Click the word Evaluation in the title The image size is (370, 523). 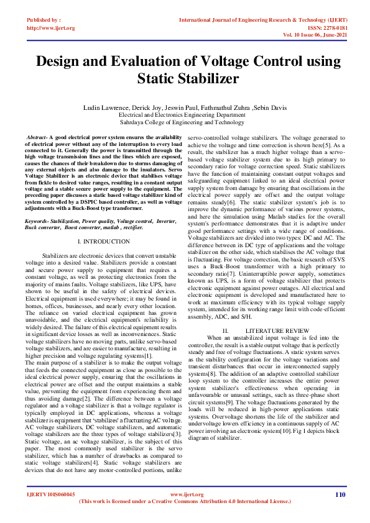(155, 61)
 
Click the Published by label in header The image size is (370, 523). (44, 20)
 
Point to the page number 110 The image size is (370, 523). (340, 494)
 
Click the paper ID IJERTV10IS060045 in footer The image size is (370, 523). (50, 495)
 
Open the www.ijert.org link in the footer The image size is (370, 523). (187, 494)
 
